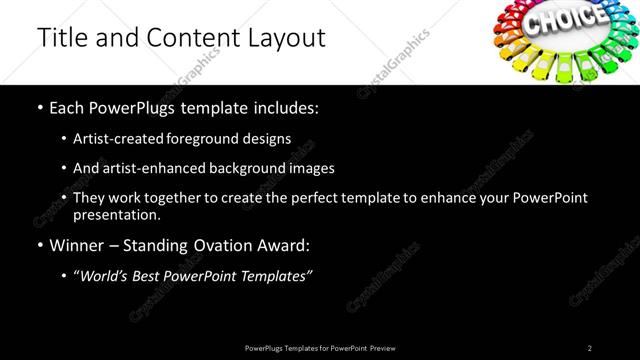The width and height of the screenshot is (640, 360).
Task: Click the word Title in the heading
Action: pos(62,38)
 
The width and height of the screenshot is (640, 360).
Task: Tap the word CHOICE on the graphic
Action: pos(566,19)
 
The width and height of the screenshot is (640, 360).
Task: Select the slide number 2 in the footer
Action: pos(590,348)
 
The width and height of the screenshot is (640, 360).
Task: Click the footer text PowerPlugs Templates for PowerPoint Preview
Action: pos(319,348)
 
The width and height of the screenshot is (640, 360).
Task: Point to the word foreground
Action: pos(202,138)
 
